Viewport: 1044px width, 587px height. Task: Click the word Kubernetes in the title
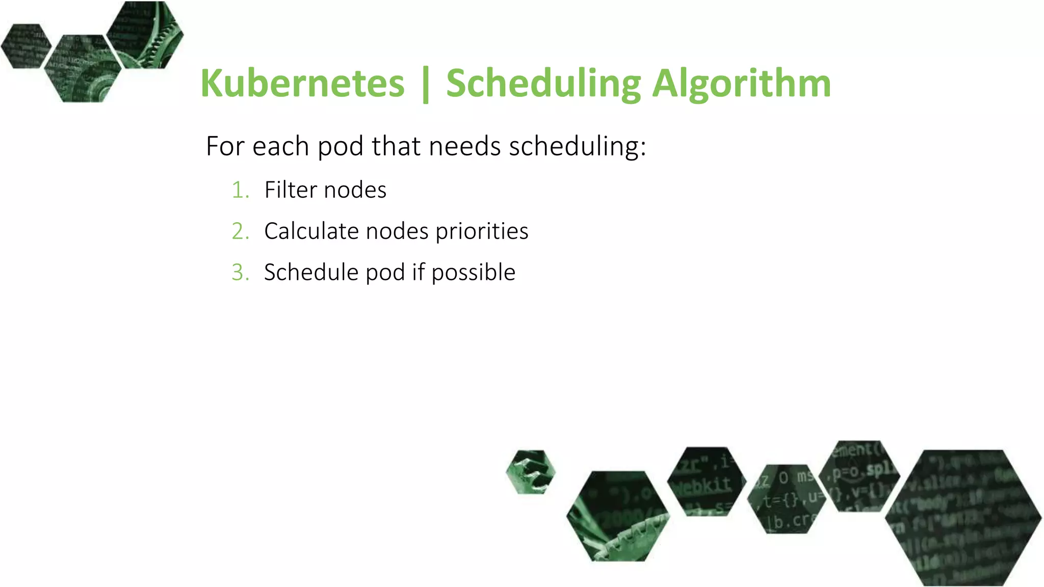(x=302, y=83)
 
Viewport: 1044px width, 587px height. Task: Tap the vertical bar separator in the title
(x=426, y=84)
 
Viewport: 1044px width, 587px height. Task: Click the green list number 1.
(x=240, y=190)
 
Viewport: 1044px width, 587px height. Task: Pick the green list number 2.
(x=240, y=231)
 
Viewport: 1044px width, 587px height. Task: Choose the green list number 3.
(x=240, y=273)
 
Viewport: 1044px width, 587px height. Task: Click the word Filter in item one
(x=291, y=190)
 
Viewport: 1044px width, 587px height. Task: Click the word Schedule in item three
(x=311, y=273)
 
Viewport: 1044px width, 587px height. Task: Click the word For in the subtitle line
(x=225, y=147)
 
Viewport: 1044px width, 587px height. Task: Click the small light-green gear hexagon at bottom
(x=531, y=472)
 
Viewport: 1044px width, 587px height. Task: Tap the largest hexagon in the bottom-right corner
(x=963, y=517)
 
